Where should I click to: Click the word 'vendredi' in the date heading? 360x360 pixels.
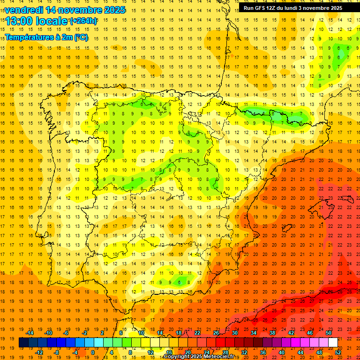pos(25,10)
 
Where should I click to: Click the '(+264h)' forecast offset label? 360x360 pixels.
pos(83,21)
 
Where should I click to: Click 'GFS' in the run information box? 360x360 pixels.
pos(262,8)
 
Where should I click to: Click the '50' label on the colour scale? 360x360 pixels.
pos(328,333)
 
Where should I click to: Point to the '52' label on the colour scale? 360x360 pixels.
pos(338,352)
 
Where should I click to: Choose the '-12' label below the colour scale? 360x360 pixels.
pos(39,352)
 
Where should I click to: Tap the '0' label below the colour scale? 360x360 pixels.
pos(92,352)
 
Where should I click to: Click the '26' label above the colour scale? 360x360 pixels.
pos(216,333)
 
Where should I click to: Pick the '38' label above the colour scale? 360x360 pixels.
pos(272,333)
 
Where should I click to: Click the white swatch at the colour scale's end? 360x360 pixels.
pos(333,343)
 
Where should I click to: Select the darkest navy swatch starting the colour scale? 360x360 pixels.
pos(23,343)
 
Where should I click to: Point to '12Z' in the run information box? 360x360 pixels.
pos(275,8)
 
